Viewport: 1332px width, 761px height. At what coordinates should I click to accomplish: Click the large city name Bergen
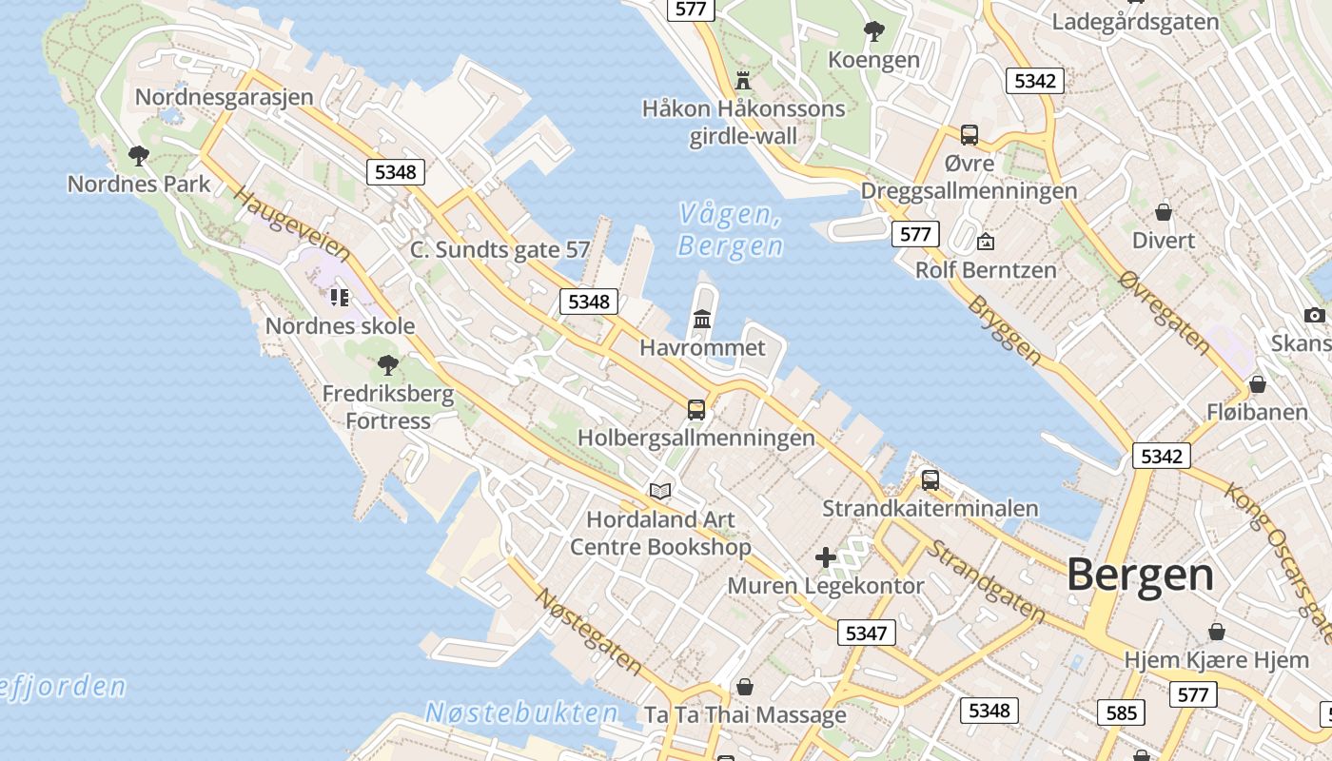pyautogui.click(x=1140, y=576)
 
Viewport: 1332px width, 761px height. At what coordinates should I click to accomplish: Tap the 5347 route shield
pyautogui.click(x=866, y=633)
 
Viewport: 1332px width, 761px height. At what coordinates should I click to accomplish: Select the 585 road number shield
pyautogui.click(x=1122, y=712)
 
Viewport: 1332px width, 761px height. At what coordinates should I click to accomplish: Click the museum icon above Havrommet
pyautogui.click(x=702, y=319)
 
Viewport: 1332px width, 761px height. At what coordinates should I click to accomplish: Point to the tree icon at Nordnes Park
pyautogui.click(x=139, y=155)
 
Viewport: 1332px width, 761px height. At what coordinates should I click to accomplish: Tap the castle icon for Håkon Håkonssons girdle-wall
pyautogui.click(x=743, y=80)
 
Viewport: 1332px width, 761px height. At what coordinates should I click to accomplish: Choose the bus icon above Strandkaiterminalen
pyautogui.click(x=930, y=480)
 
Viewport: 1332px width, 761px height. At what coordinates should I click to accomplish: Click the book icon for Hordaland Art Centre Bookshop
pyautogui.click(x=660, y=491)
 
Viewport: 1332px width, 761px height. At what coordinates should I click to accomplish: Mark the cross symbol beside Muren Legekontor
pyautogui.click(x=825, y=556)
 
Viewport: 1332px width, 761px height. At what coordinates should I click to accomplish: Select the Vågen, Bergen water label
pyautogui.click(x=731, y=230)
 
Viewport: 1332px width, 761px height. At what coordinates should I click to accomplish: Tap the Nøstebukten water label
pyautogui.click(x=521, y=712)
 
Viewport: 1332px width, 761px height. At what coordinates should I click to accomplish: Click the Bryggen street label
pyautogui.click(x=1005, y=329)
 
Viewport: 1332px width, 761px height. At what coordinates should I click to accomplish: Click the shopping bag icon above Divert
pyautogui.click(x=1163, y=212)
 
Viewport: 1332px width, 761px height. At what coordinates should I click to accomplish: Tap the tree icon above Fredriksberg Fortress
pyautogui.click(x=387, y=364)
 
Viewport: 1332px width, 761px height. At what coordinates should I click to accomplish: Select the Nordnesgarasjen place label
pyautogui.click(x=224, y=97)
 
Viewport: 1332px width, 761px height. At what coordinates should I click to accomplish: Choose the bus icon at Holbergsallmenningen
pyautogui.click(x=696, y=410)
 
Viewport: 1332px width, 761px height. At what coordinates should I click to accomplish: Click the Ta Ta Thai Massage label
pyautogui.click(x=745, y=714)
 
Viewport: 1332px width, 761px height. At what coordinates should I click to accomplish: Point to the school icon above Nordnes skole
pyautogui.click(x=340, y=298)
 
